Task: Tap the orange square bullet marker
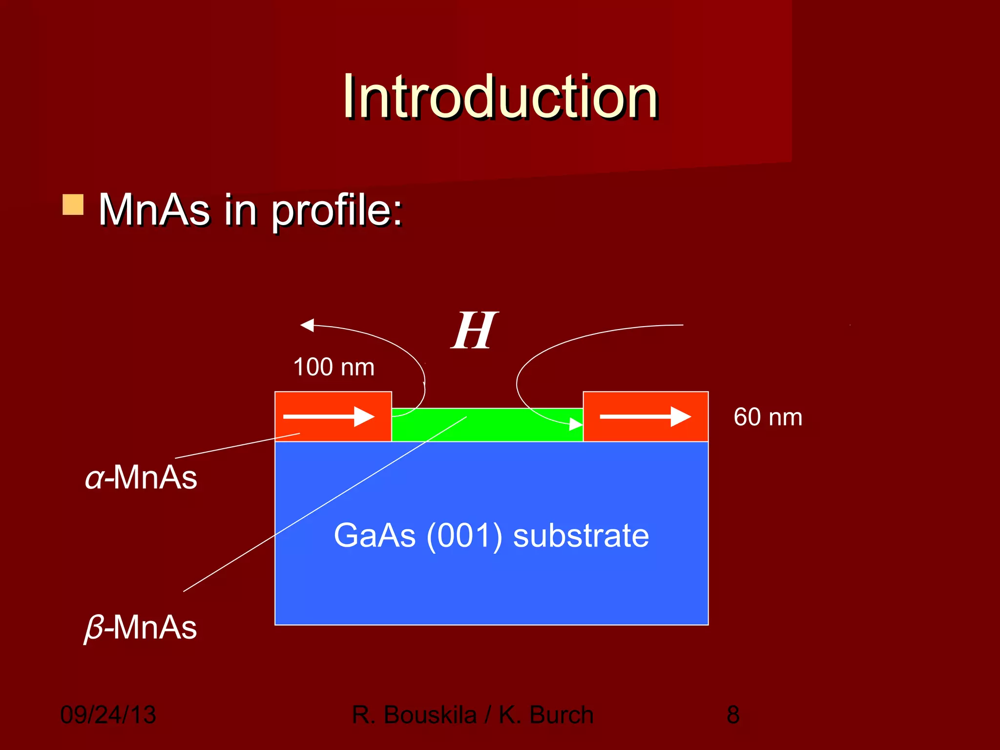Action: tap(73, 205)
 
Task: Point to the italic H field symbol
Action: tap(474, 331)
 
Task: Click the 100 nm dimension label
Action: tap(333, 367)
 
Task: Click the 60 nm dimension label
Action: tap(768, 417)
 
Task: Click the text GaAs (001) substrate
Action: tap(491, 536)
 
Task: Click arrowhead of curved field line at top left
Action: tap(307, 325)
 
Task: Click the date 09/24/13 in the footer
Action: tap(108, 715)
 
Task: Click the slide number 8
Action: tap(733, 715)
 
